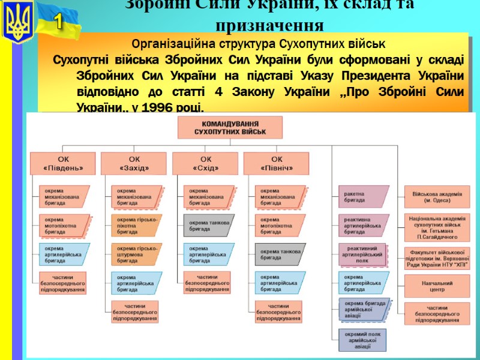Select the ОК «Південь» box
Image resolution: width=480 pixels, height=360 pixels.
pos(63,164)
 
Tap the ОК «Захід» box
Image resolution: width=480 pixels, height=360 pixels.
pos(134,164)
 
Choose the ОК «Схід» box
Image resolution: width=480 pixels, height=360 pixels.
pos(206,164)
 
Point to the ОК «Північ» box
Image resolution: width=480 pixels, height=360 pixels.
pos(277,164)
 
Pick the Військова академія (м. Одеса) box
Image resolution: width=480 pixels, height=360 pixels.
pos(437,197)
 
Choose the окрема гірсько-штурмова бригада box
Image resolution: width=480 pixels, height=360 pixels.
pos(136,254)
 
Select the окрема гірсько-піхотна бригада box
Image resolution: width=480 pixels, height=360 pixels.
pos(136,226)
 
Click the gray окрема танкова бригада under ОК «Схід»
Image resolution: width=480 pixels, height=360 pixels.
pos(208,226)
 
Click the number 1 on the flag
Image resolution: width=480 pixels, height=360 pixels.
pos(59,23)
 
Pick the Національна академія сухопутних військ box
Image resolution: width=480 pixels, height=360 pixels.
pos(437,226)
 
